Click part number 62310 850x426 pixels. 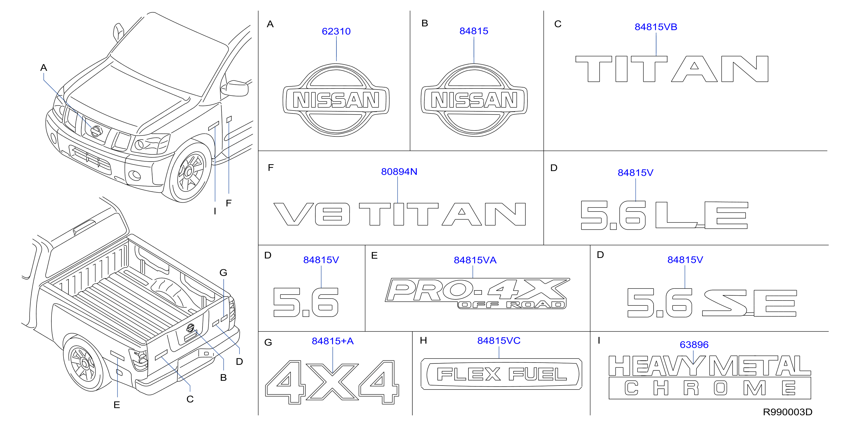[336, 31]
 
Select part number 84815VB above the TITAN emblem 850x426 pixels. [656, 27]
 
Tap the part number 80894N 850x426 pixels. [399, 172]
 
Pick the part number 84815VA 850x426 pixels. [475, 260]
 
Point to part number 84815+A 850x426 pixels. [333, 341]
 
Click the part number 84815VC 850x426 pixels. [499, 341]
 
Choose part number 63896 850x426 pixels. [694, 345]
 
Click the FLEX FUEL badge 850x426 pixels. [501, 374]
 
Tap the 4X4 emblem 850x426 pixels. [332, 382]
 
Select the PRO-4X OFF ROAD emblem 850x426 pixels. [477, 293]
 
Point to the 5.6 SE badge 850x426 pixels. [712, 303]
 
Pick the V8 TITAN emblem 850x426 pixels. [400, 214]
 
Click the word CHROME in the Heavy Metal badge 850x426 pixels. [710, 388]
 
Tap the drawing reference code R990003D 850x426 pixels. [787, 412]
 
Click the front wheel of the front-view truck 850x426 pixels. [190, 171]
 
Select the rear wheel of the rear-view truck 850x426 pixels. [84, 364]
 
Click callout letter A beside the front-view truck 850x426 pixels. [43, 68]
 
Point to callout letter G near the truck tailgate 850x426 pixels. [223, 273]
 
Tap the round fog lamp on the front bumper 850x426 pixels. [135, 176]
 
